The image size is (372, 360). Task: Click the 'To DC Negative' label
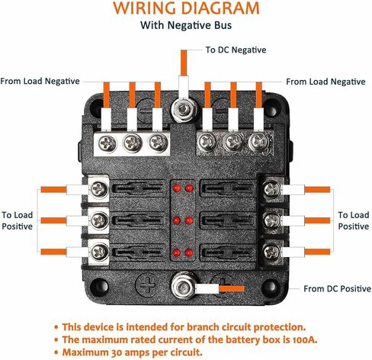click(x=236, y=50)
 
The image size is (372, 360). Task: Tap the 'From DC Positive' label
click(x=337, y=289)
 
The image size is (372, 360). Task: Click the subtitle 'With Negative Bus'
click(x=186, y=25)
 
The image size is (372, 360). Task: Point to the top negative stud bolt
click(x=184, y=110)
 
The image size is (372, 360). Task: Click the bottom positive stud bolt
click(x=184, y=287)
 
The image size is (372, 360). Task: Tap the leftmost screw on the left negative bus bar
click(x=107, y=143)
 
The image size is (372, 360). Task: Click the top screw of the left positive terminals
click(x=99, y=189)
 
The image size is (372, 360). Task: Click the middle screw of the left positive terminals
click(x=99, y=220)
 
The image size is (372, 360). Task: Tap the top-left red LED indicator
click(x=176, y=188)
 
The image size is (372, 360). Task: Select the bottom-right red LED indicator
click(x=189, y=252)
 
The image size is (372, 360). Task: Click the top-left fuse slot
click(x=139, y=188)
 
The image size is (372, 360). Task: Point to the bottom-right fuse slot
click(x=228, y=252)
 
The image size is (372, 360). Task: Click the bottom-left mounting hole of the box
click(x=99, y=286)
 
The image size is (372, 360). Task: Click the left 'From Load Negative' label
click(x=40, y=82)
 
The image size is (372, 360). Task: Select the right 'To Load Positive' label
click(x=354, y=220)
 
